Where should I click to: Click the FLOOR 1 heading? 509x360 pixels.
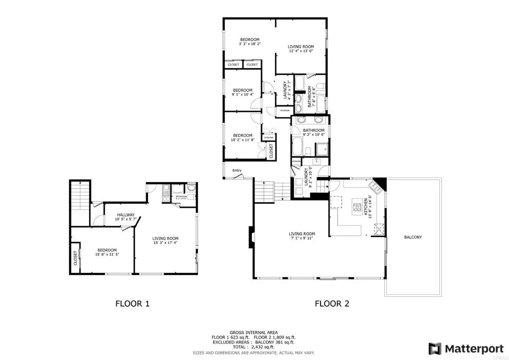[132, 303]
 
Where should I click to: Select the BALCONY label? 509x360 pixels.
[413, 237]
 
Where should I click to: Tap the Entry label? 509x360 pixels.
[237, 171]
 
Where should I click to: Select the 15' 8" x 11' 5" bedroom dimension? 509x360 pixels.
[107, 254]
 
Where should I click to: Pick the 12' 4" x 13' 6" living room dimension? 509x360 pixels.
[301, 51]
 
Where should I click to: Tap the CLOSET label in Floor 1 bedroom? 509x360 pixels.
[76, 258]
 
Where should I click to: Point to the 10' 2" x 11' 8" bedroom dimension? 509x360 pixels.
[243, 140]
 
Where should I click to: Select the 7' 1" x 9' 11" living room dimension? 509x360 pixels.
[302, 238]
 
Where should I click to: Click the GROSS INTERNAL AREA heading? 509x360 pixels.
[254, 332]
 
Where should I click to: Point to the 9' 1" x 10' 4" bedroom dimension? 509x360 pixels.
[243, 94]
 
